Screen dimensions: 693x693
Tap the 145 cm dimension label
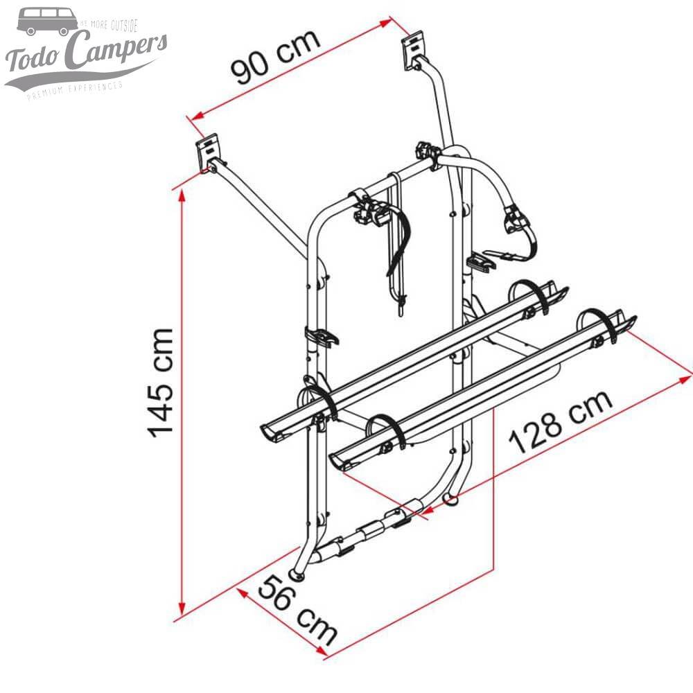click(x=161, y=381)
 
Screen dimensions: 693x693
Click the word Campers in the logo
click(x=118, y=52)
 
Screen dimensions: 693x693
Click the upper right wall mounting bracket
click(x=414, y=50)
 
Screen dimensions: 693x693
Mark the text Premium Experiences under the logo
click(x=74, y=91)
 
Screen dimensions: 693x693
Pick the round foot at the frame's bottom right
click(x=453, y=497)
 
